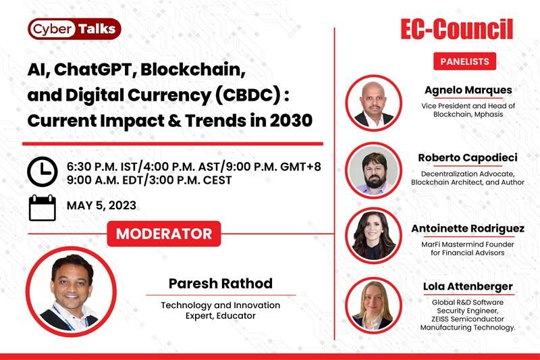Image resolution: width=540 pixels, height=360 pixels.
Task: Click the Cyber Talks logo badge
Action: coord(74,29)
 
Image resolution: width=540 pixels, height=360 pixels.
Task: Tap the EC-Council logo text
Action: coord(457,29)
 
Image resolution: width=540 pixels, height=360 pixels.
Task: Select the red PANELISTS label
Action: coord(464,61)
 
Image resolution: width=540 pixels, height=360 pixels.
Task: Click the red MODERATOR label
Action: coord(164,234)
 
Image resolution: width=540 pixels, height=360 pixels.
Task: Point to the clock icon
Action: coord(43,172)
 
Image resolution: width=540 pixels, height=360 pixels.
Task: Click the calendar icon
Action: coord(43,208)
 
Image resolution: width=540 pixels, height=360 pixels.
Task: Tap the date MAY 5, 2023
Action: coord(102,205)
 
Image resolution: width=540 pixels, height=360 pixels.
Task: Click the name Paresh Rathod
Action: coord(221,284)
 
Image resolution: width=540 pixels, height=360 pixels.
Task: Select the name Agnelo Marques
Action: coord(468,91)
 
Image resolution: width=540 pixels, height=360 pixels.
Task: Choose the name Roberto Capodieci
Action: coord(468,158)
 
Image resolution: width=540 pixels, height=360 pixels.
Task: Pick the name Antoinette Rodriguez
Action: coord(468,229)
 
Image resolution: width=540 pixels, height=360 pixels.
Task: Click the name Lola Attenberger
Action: coord(468,286)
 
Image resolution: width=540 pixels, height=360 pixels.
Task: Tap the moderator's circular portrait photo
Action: coord(72,292)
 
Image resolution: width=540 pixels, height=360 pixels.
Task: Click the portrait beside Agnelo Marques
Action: coord(374,103)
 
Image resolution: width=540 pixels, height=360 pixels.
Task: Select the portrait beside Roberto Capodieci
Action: coord(374,170)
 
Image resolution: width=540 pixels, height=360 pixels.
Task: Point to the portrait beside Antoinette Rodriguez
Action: coord(374,236)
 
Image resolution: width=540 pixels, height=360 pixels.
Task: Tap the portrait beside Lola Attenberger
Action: coord(374,305)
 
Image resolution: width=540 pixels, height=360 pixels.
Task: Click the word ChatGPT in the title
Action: coord(95,70)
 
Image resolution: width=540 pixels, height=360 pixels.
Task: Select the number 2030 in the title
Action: coord(291,121)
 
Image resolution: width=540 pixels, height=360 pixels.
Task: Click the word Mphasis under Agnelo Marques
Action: coord(487,114)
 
